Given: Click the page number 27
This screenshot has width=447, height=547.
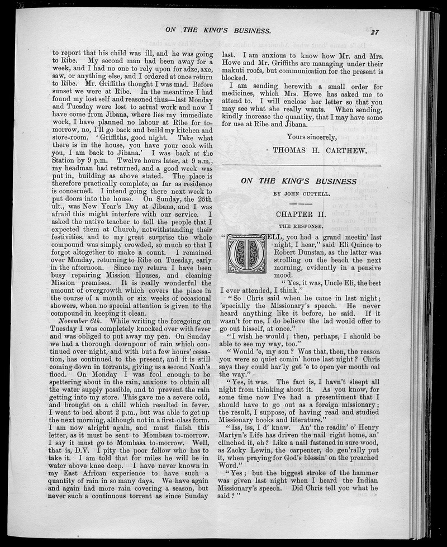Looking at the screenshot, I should point(374,32).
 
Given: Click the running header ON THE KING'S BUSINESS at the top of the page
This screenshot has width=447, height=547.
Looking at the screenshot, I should point(218,30).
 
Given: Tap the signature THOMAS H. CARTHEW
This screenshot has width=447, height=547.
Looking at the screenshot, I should point(318,150).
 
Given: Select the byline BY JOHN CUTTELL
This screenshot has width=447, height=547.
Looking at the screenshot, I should point(298,194).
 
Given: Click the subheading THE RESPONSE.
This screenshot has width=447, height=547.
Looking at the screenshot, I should point(299,227).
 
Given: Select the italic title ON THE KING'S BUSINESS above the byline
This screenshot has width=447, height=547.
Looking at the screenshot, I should point(298,181).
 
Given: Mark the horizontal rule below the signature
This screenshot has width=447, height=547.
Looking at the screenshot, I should point(302,166).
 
